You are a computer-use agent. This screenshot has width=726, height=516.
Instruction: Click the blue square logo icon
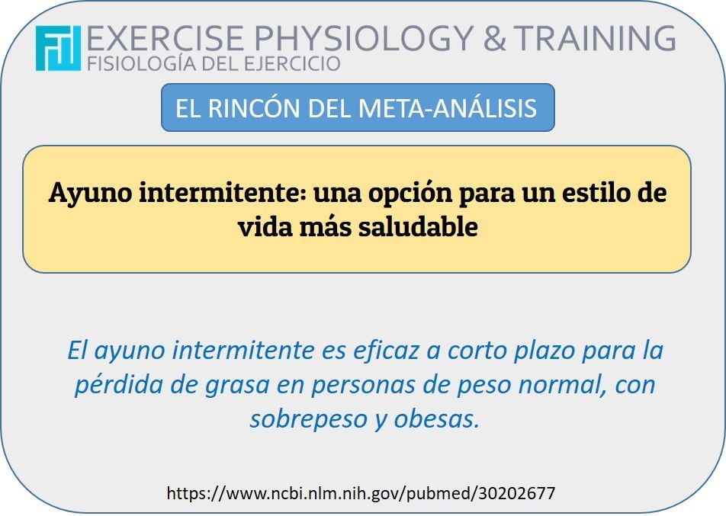pyautogui.click(x=58, y=48)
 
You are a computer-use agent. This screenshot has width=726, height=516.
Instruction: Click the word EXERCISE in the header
pyautogui.click(x=165, y=38)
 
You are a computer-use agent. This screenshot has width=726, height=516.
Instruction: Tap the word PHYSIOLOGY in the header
pyautogui.click(x=364, y=38)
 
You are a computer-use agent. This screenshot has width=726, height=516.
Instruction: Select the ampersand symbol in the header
pyautogui.click(x=494, y=38)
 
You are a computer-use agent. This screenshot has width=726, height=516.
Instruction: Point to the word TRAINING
pyautogui.click(x=595, y=38)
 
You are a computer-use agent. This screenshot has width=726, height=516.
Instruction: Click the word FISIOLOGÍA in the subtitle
pyautogui.click(x=143, y=63)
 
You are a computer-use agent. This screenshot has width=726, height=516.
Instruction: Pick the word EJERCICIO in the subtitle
pyautogui.click(x=292, y=64)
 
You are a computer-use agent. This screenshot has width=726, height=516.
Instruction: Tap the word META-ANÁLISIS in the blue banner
pyautogui.click(x=447, y=107)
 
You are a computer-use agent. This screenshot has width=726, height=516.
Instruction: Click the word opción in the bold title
pyautogui.click(x=410, y=193)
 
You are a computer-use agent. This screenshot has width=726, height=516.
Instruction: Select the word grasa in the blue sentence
pyautogui.click(x=237, y=386)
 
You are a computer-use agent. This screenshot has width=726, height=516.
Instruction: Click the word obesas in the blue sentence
pyautogui.click(x=437, y=419)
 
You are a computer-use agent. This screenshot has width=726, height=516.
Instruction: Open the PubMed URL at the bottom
pyautogui.click(x=361, y=493)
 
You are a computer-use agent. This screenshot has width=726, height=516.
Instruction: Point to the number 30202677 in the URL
pyautogui.click(x=517, y=493)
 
